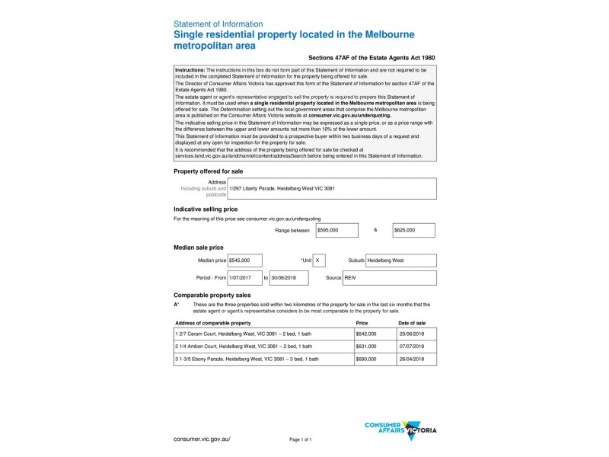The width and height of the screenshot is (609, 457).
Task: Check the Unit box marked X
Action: pyautogui.click(x=319, y=260)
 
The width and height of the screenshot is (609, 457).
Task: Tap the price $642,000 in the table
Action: pyautogui.click(x=366, y=334)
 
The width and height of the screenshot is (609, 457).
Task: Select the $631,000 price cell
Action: pyautogui.click(x=366, y=347)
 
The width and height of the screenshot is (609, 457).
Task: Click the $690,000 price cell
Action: pyautogui.click(x=366, y=359)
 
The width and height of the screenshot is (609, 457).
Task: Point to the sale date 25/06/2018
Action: pyautogui.click(x=412, y=334)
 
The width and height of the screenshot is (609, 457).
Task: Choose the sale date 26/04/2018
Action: pyautogui.click(x=412, y=359)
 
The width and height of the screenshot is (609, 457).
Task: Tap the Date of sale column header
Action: pyautogui.click(x=412, y=323)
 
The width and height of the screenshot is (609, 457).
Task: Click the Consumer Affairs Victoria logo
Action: pyautogui.click(x=400, y=430)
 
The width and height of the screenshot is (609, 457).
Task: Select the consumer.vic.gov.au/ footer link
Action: pyautogui.click(x=202, y=439)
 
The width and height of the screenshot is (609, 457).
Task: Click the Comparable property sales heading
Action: pyautogui.click(x=212, y=294)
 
